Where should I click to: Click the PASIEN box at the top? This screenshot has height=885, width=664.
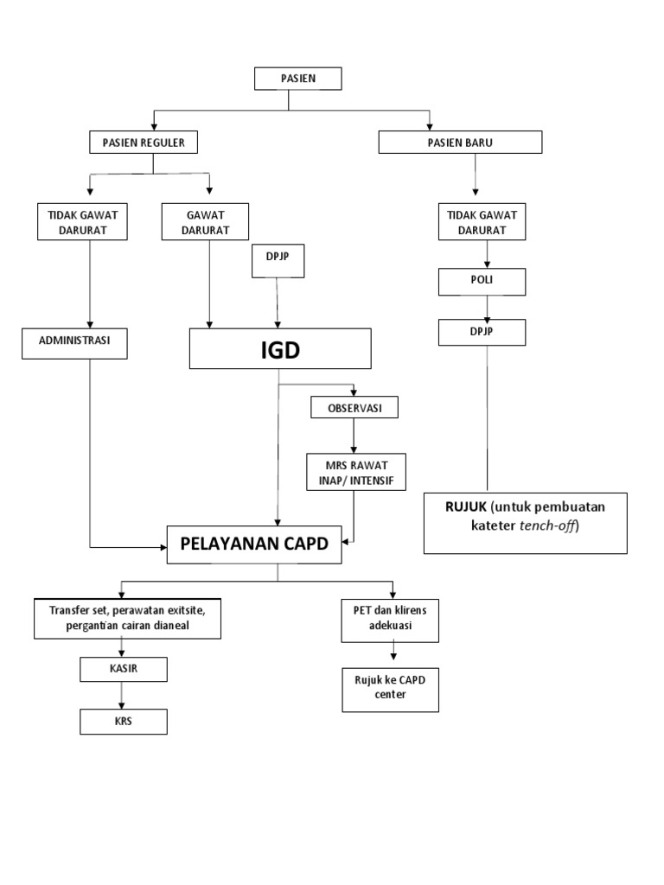click(x=298, y=79)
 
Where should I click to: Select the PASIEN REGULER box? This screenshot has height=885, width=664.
click(x=144, y=143)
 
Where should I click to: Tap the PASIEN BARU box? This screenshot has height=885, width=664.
click(x=460, y=143)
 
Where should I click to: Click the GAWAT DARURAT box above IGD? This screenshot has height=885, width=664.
click(x=206, y=221)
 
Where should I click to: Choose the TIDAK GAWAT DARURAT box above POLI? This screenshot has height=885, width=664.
click(x=482, y=221)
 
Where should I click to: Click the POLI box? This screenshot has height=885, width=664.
click(x=482, y=282)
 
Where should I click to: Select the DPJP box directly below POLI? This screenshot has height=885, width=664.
click(x=482, y=332)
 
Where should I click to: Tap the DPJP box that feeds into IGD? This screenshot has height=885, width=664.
click(x=278, y=261)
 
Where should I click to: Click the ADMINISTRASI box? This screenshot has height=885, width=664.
click(x=75, y=342)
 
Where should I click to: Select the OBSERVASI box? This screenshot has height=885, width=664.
click(x=354, y=406)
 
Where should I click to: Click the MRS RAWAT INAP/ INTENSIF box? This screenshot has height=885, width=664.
click(x=354, y=473)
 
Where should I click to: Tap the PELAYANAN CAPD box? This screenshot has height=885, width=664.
click(x=255, y=544)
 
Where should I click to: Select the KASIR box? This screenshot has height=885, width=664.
click(x=123, y=669)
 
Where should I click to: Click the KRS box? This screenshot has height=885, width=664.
click(x=123, y=721)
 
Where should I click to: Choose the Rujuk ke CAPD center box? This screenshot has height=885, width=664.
click(x=390, y=688)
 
